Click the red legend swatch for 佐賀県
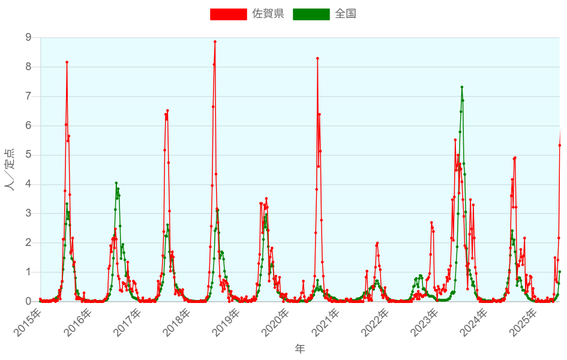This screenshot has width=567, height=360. click(x=228, y=14)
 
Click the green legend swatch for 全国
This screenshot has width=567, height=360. click(x=311, y=14)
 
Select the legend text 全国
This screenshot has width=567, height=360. click(x=346, y=14)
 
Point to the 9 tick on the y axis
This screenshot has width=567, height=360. click(x=28, y=38)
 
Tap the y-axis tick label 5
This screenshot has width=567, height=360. click(x=28, y=155)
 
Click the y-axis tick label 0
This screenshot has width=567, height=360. click(x=28, y=301)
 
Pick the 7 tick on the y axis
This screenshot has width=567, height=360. click(x=28, y=96)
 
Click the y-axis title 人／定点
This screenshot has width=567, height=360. click(x=10, y=169)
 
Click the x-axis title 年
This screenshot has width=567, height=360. click(x=300, y=349)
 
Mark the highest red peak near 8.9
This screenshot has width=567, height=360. click(x=215, y=41)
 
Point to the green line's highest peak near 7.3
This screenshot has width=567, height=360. click(x=461, y=87)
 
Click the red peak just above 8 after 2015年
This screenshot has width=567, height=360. click(x=67, y=62)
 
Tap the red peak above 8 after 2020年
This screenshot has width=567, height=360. click(x=317, y=58)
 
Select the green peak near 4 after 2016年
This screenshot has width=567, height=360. click(x=116, y=183)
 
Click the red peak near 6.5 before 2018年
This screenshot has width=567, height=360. click(x=167, y=110)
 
